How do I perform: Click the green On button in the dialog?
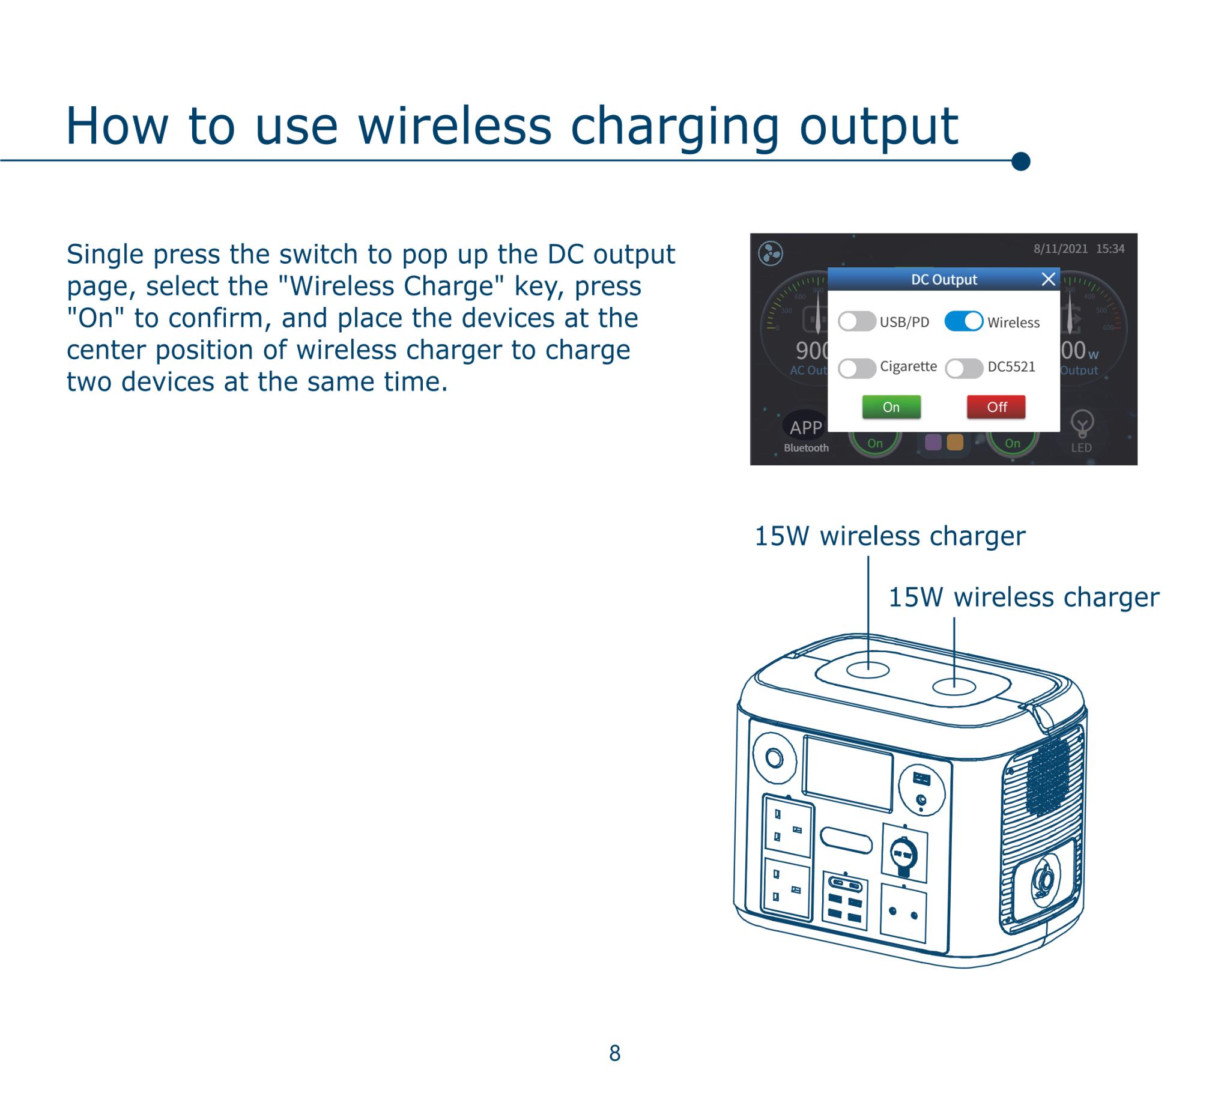tap(891, 407)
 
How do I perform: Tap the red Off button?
tap(996, 407)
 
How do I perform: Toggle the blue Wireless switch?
tap(963, 321)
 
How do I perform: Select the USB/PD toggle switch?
tap(856, 321)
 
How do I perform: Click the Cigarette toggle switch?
tap(856, 368)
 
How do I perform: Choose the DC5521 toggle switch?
tap(963, 368)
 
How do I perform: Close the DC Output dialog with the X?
tap(1048, 279)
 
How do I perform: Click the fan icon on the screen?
tap(771, 253)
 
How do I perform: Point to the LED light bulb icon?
tap(1082, 424)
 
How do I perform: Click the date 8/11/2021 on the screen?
tap(1060, 249)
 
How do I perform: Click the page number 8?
tap(614, 1053)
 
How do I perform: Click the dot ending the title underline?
tap(1020, 162)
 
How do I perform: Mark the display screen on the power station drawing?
tap(848, 774)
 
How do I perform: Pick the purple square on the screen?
tap(933, 443)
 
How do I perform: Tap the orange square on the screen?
tap(955, 443)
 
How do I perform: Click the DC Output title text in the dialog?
tap(944, 279)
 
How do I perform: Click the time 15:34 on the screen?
tap(1110, 249)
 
